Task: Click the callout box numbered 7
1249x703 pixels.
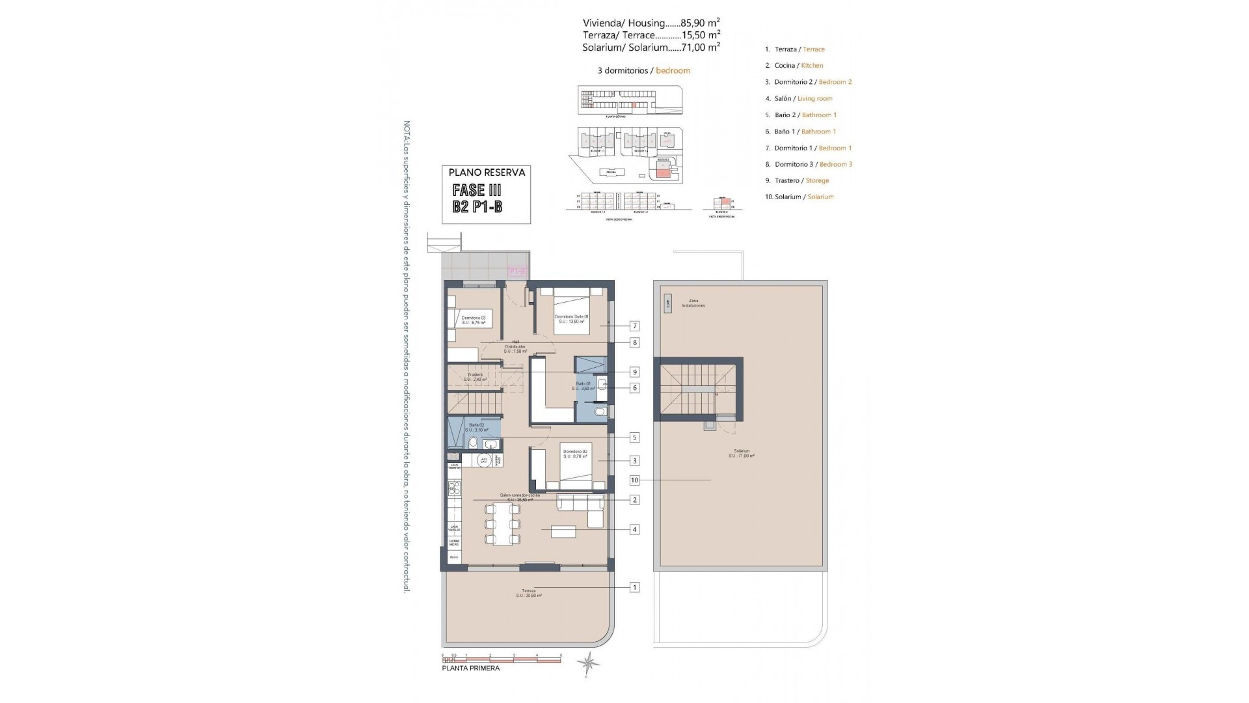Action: point(634,326)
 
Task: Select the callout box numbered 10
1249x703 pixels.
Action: point(634,480)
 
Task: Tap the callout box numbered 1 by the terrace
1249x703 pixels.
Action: point(634,587)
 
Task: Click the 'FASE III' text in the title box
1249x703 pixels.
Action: point(477,190)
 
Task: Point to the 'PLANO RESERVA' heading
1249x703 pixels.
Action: point(487,172)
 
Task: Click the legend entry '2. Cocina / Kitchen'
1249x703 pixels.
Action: point(794,66)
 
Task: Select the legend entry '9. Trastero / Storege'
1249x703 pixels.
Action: point(797,180)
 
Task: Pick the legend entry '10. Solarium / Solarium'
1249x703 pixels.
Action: point(799,197)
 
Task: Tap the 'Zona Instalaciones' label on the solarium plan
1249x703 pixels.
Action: point(693,303)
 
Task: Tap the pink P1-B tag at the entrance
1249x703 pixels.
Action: point(517,271)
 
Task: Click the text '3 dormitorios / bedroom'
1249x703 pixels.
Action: point(643,70)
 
